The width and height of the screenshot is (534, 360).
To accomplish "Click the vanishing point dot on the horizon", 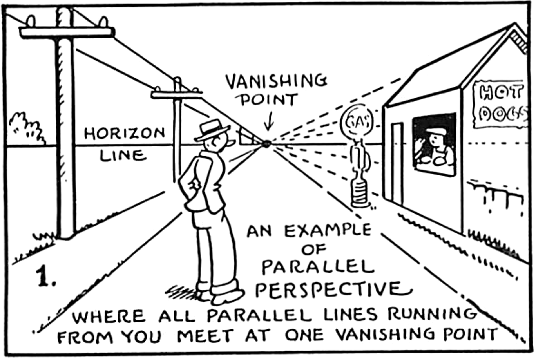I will click(266, 143).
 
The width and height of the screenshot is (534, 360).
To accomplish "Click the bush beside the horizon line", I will click(27, 127).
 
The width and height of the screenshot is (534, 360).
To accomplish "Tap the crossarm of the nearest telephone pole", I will click(66, 32).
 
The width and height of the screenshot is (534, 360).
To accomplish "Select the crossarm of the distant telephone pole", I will click(176, 94).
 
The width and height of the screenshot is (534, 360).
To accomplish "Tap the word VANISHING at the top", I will click(276, 81).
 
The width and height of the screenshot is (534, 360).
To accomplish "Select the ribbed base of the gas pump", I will click(360, 195).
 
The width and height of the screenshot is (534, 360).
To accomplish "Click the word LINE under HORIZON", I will click(123, 155).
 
